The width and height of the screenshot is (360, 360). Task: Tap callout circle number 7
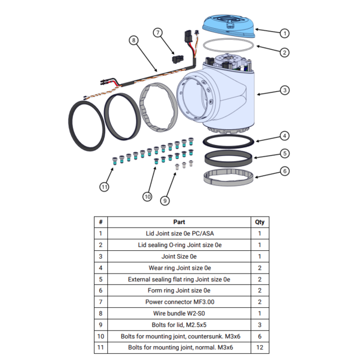point(158,33)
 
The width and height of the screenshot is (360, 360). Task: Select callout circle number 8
point(133,40)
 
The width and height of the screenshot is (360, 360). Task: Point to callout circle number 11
point(105,187)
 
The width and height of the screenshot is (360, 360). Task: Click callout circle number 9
point(164,200)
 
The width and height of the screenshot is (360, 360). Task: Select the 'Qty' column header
point(259,222)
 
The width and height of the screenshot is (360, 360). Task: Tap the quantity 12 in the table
point(259,348)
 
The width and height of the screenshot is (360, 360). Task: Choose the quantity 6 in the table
point(259,336)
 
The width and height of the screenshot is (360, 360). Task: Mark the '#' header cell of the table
point(100,222)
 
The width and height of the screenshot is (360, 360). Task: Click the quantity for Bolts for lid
point(259,325)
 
